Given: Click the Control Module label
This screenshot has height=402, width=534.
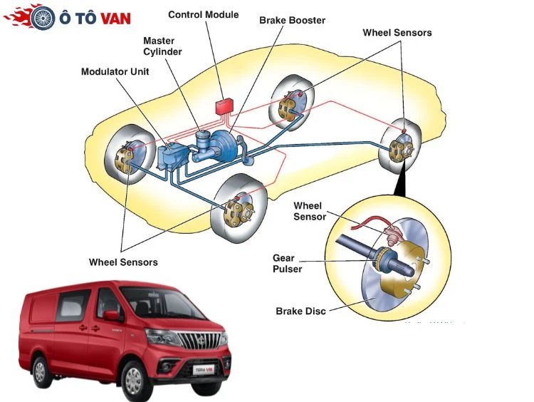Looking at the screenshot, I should [203, 14].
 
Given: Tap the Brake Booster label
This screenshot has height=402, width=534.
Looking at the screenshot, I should [292, 21].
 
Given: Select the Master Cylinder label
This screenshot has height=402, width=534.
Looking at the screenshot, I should [162, 46].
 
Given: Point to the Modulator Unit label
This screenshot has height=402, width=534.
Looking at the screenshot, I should [115, 72].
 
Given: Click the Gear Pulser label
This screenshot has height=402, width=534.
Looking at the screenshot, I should [288, 263].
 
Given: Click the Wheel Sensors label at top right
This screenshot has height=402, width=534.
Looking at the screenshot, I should [397, 33].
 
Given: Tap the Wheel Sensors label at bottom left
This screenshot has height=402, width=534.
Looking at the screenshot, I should [123, 262].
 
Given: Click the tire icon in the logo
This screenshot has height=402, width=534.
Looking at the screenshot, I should [43, 18].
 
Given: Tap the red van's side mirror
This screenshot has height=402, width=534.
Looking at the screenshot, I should [111, 316].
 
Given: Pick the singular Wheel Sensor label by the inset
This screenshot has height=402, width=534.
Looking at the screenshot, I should [309, 211].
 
